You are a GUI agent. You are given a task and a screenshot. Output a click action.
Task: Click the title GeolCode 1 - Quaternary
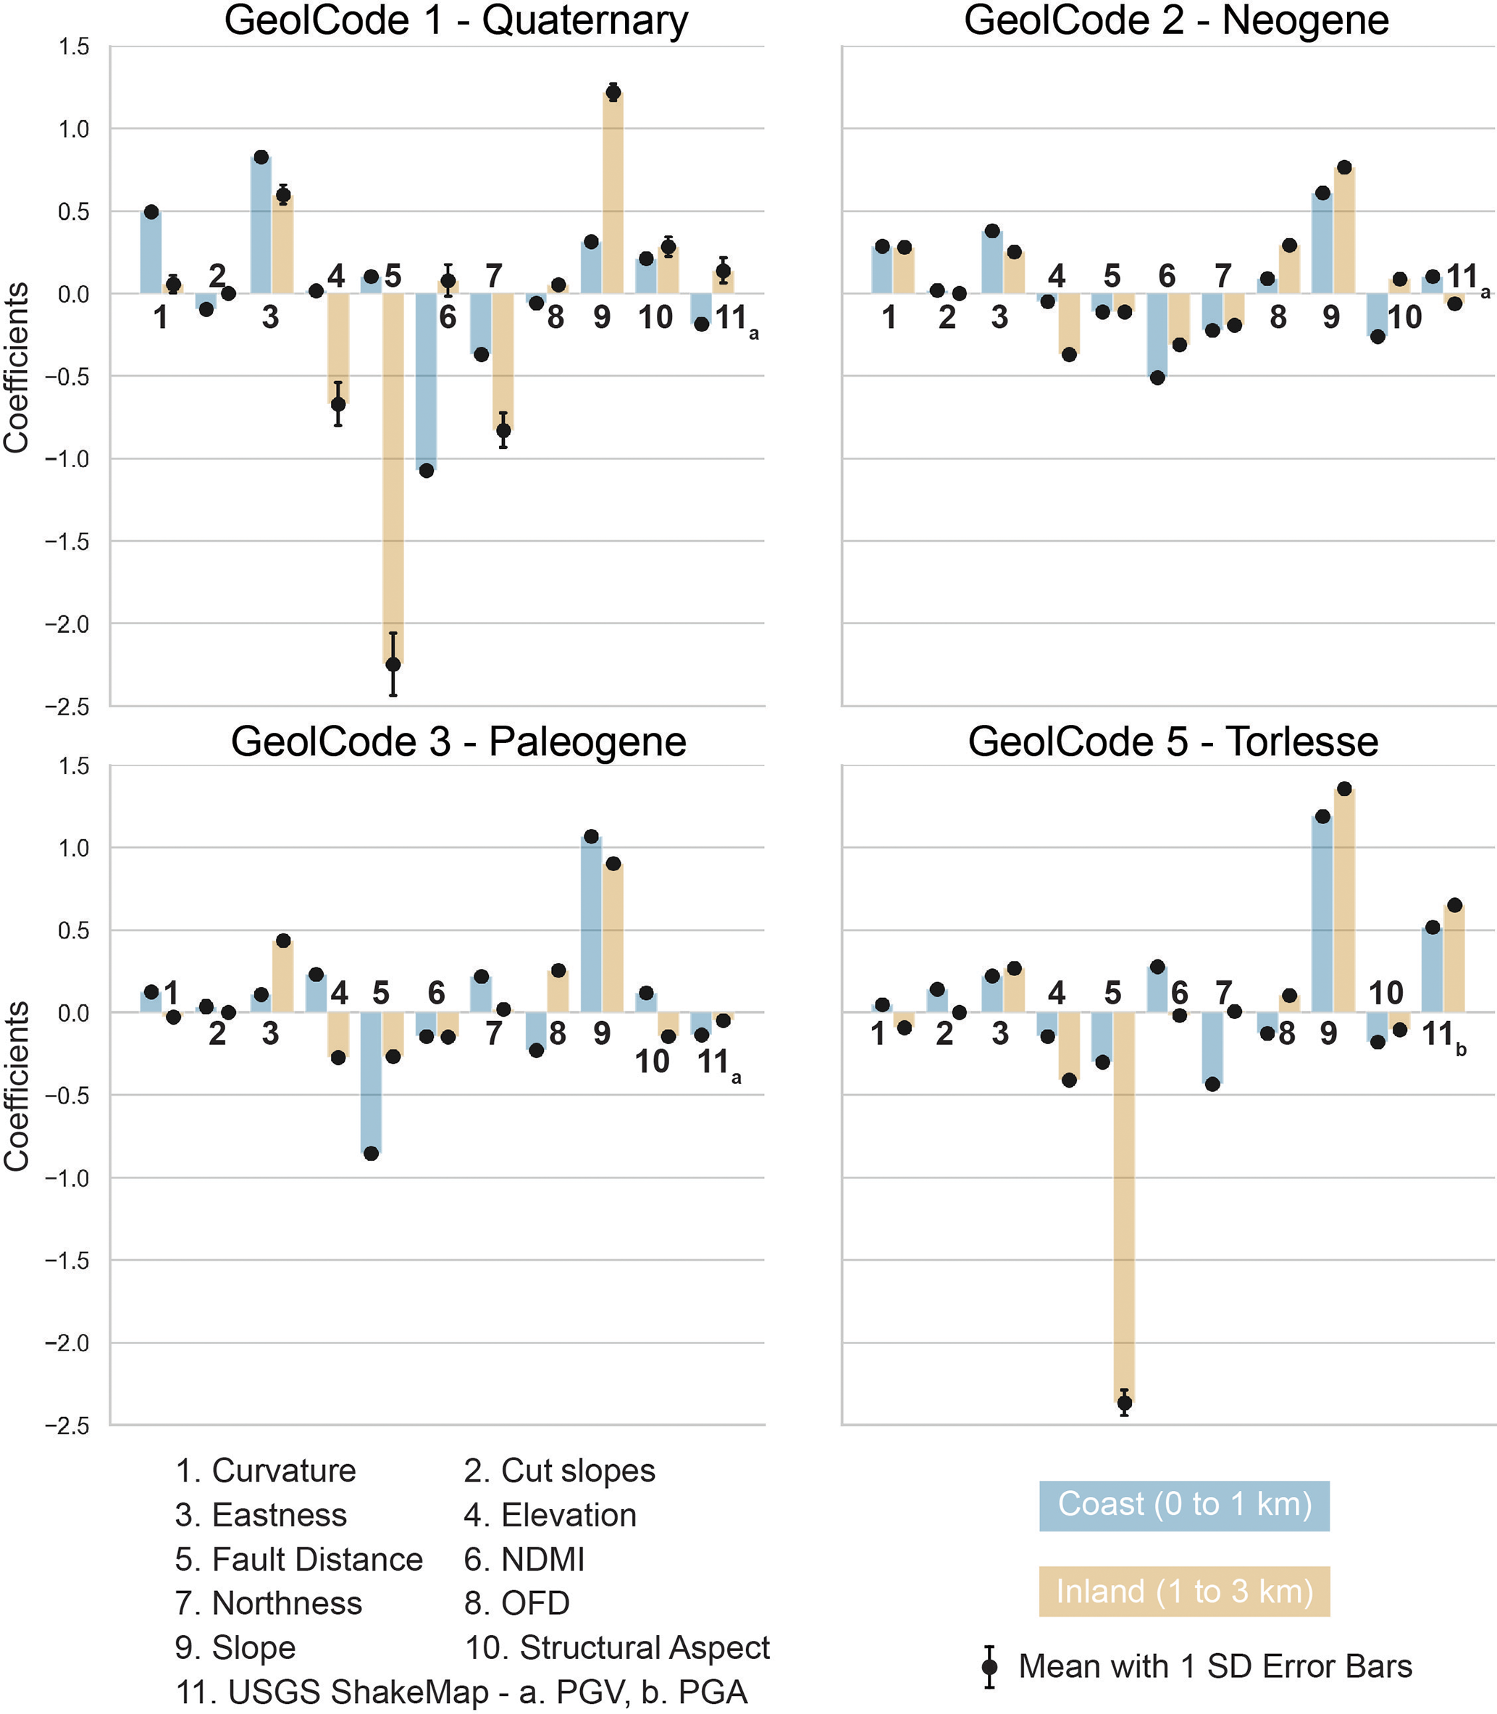456,20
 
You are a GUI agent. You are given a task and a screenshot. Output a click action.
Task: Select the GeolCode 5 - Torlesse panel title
1173,742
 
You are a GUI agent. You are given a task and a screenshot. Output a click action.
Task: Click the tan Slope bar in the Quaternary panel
613,192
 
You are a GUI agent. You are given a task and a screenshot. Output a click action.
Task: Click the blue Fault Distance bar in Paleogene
371,1083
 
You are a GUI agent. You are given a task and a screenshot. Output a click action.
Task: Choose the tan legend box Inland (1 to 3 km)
1183,1591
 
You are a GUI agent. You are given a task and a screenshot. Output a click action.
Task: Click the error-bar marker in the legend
989,1666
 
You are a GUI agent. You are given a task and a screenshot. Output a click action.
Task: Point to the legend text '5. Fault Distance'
299,1560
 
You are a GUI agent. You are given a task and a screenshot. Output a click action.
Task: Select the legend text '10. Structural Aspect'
617,1647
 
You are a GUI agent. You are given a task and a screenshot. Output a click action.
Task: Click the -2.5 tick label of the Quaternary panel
67,707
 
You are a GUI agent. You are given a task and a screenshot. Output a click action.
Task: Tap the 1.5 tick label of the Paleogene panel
75,766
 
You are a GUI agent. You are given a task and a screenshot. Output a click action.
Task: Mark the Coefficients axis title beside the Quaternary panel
17,368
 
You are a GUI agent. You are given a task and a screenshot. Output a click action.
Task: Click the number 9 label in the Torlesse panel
1328,1034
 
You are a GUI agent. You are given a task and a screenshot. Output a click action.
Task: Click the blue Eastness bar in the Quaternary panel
261,225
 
